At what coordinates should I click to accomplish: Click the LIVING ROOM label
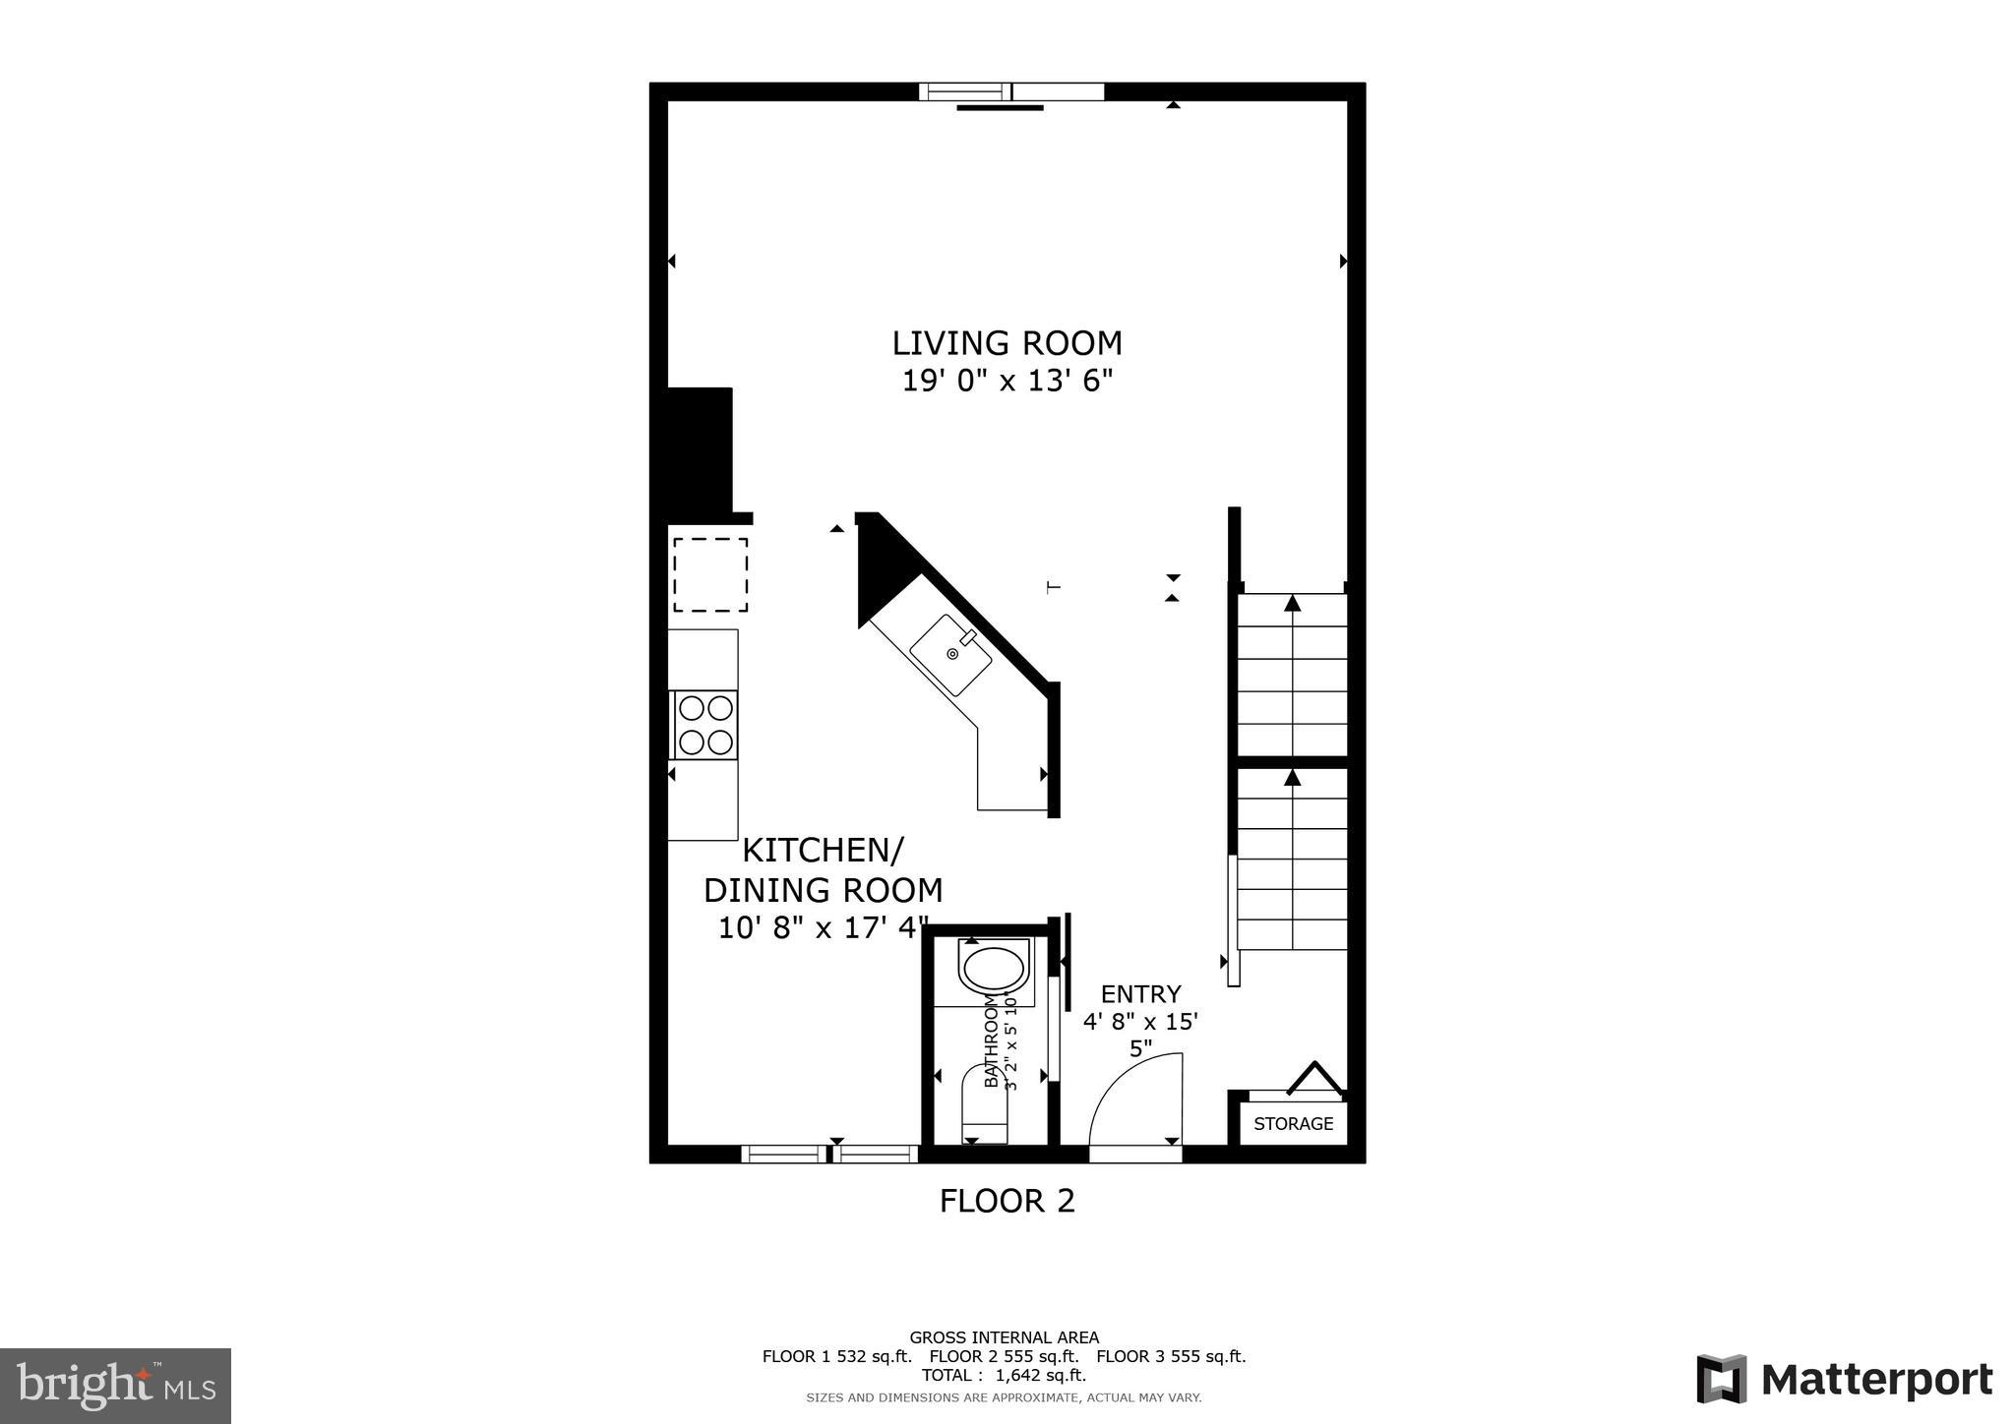coord(1007,343)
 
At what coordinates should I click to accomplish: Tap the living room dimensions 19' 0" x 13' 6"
coord(1007,381)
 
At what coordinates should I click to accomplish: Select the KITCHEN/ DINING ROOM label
coord(823,869)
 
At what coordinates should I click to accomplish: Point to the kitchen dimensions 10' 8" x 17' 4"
coord(823,927)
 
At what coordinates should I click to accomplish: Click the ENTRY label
coord(1140,994)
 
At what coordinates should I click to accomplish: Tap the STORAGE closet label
coord(1293,1124)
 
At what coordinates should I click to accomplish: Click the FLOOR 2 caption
coord(1007,1201)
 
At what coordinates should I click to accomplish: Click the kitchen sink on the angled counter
coord(950,654)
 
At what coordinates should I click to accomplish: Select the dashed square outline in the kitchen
coord(710,574)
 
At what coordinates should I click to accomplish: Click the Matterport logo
coord(1845,1380)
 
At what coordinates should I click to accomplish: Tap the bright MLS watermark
coord(115,1387)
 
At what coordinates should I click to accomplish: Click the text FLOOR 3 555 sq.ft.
coord(1171,1357)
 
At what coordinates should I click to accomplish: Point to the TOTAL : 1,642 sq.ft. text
coord(1004,1376)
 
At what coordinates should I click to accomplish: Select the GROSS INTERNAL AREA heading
coord(1004,1337)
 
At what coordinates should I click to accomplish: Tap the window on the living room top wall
coord(1011,91)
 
